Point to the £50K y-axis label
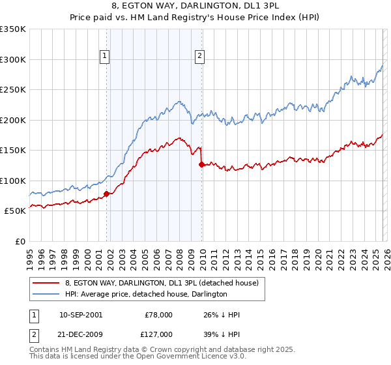tap(15, 211)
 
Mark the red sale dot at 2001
tap(106, 194)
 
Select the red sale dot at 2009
tap(201, 164)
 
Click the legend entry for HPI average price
tap(146, 294)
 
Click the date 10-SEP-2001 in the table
tap(80, 315)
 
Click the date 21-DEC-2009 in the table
tap(80, 333)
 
